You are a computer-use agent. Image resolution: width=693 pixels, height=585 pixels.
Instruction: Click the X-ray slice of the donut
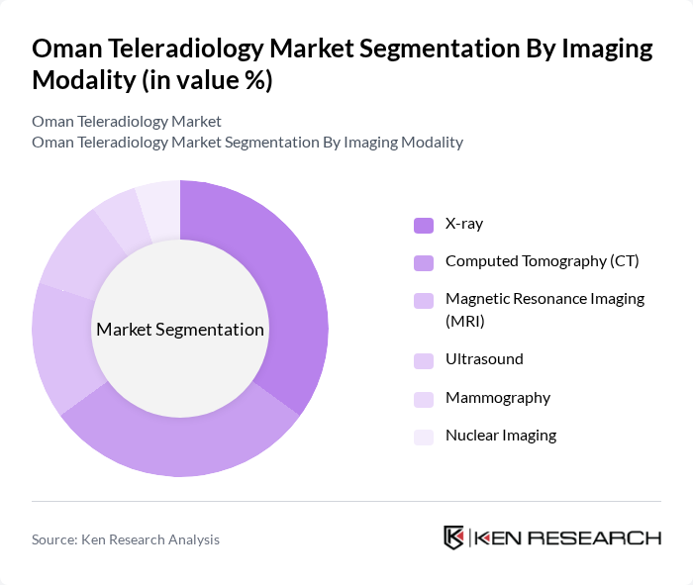pyautogui.click(x=288, y=287)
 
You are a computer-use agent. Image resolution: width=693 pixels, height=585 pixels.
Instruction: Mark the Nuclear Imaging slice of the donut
pyautogui.click(x=159, y=204)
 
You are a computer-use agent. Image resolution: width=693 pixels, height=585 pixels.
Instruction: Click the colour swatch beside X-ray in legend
pyautogui.click(x=424, y=225)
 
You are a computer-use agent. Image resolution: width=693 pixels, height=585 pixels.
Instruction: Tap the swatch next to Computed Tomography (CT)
pyautogui.click(x=424, y=262)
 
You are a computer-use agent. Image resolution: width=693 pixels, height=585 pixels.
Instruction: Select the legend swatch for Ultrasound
pyautogui.click(x=424, y=360)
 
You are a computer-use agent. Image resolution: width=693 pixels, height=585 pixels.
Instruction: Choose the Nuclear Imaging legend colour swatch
pyautogui.click(x=424, y=436)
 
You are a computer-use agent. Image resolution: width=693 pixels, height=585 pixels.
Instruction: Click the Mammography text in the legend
pyautogui.click(x=497, y=398)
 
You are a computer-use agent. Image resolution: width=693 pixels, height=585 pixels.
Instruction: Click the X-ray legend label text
pyautogui.click(x=464, y=224)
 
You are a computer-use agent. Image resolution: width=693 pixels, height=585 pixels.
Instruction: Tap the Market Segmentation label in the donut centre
pyautogui.click(x=180, y=330)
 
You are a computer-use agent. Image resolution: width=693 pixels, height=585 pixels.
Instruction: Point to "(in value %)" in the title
pyautogui.click(x=205, y=81)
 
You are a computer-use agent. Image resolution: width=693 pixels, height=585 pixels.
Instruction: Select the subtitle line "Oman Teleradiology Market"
pyautogui.click(x=127, y=122)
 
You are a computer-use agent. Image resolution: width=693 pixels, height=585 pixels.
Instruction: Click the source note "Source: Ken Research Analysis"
pyautogui.click(x=126, y=539)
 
